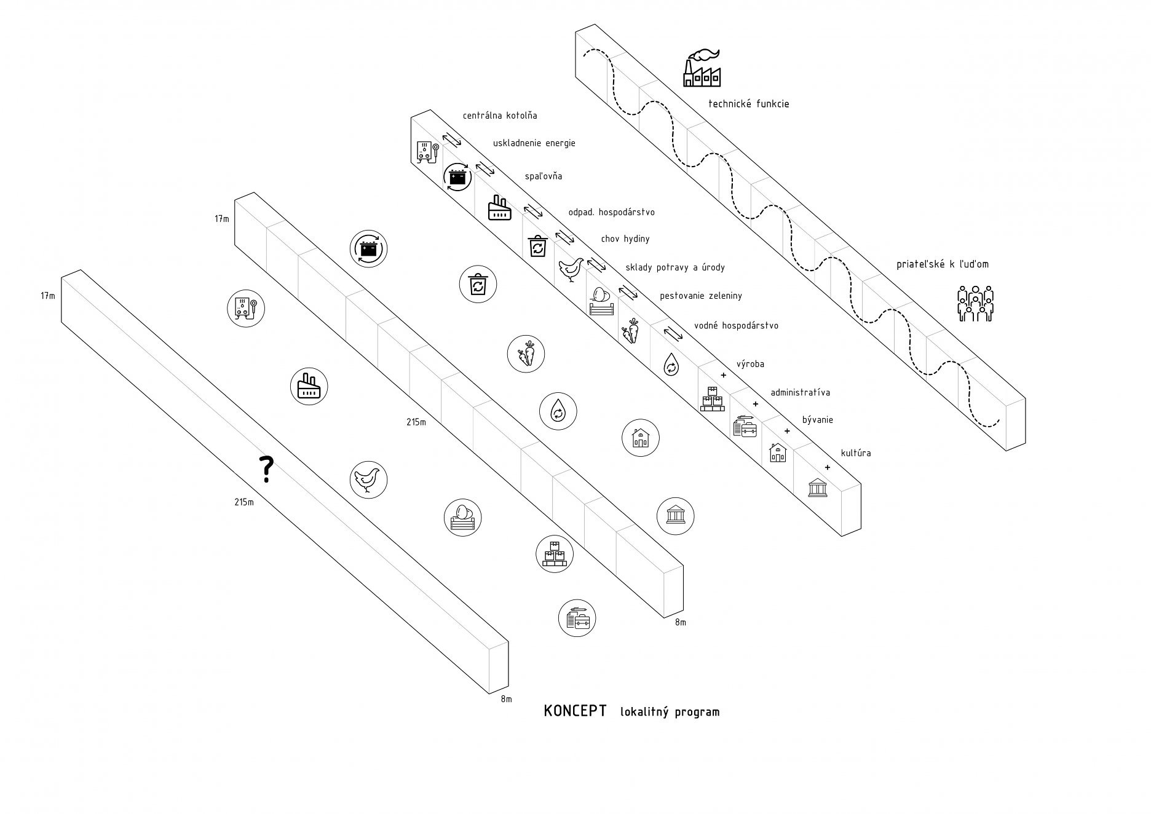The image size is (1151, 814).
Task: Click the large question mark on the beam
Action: pos(266,469)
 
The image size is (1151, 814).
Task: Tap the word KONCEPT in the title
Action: pos(575,711)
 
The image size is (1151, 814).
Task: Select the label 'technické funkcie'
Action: pos(748,104)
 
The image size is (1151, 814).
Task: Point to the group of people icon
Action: pos(975,302)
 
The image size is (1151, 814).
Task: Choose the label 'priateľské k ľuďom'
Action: pos(942,265)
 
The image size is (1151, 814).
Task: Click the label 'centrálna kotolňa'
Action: pos(500,116)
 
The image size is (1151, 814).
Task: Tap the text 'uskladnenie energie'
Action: pos(534,143)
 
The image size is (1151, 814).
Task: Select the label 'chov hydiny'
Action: pos(625,239)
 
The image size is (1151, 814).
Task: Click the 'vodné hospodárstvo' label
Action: pos(736,326)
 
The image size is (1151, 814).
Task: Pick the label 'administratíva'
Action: pos(800,392)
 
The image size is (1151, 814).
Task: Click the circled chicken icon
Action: pos(368,479)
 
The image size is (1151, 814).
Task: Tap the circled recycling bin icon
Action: pos(478,285)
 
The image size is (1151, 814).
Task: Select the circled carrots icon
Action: pos(526,354)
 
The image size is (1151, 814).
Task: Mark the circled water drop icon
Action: pos(558,410)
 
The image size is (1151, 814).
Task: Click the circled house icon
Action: pos(640,438)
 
